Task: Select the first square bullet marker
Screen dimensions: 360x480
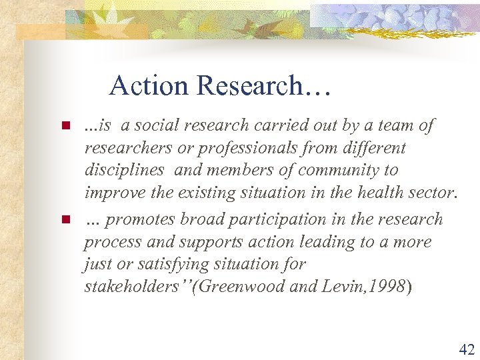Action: (65, 125)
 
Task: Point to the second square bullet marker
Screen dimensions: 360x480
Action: (65, 219)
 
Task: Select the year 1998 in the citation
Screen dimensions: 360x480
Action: (387, 287)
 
